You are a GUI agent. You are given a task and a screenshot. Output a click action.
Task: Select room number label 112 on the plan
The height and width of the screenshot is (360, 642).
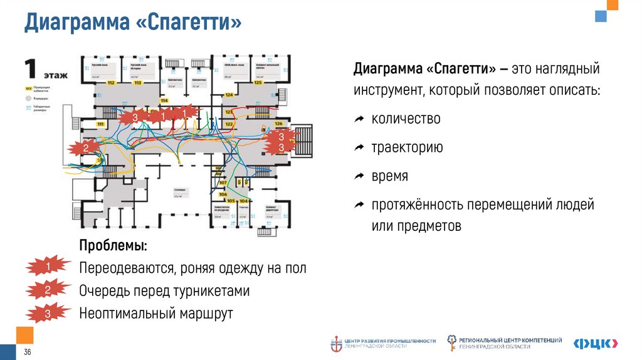[x=111, y=83]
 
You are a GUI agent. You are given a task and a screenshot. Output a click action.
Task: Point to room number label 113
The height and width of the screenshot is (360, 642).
[x=138, y=83]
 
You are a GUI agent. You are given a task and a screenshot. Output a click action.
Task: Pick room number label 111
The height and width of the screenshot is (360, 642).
[x=100, y=124]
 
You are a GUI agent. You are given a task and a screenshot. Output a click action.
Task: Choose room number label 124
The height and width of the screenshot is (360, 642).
[x=229, y=95]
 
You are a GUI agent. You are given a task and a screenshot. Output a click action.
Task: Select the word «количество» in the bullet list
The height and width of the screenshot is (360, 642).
[x=406, y=119]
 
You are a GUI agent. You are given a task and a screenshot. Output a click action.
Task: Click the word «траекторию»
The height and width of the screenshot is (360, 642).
[x=407, y=147]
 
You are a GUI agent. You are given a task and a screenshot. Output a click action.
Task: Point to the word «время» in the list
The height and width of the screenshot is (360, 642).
[x=389, y=176]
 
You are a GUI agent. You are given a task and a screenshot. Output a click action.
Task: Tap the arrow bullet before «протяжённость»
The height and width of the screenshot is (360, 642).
[x=359, y=205]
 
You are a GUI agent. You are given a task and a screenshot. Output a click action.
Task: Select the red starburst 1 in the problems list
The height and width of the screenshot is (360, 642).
[x=48, y=267]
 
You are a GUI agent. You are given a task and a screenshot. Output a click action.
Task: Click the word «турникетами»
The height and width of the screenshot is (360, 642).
[x=213, y=291]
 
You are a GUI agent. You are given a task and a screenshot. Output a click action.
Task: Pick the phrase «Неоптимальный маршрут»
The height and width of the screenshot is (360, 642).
[x=156, y=314]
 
